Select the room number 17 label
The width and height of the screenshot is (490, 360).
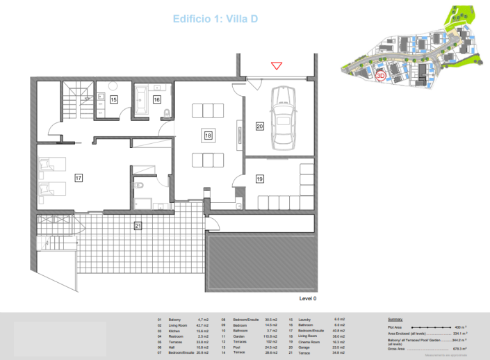coord(79,179)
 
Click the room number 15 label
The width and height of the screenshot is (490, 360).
coord(113,100)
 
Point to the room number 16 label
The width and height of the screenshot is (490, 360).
coord(156,100)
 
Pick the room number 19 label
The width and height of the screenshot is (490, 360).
coord(259,179)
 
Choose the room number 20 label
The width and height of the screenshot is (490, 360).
coord(259,126)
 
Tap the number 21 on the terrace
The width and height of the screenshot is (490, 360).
coord(138,224)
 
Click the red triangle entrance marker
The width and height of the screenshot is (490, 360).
coord(277,66)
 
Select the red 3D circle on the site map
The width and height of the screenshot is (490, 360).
coord(380,76)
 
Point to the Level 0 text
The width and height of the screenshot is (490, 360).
coord(308,297)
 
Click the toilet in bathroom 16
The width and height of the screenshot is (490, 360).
coord(167,112)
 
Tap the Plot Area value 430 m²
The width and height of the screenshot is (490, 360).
coord(459,326)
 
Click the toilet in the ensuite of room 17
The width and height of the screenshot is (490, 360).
coord(140,186)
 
